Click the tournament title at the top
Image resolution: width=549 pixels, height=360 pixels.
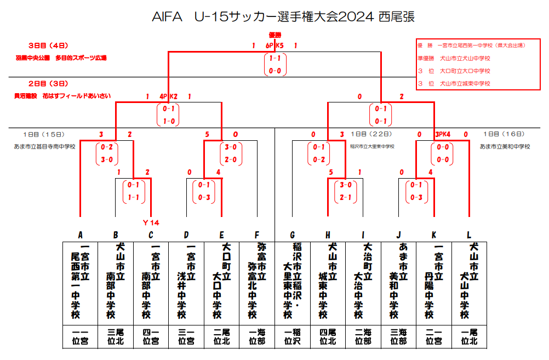(283, 17)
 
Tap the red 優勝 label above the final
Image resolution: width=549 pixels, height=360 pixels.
(275, 35)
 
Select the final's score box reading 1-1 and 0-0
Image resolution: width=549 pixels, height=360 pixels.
(275, 64)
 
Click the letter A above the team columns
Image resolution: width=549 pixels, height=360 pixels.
(80, 235)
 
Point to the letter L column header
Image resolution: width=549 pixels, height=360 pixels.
(469, 235)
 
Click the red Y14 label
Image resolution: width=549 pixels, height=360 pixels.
(151, 222)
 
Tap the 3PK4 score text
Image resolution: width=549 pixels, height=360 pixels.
(442, 134)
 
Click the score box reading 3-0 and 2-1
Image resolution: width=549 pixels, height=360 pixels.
(346, 191)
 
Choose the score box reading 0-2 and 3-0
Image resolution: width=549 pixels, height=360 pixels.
(106, 153)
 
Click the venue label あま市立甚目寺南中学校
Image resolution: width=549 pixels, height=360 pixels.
(45, 147)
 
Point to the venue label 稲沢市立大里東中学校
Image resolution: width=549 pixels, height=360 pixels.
(372, 147)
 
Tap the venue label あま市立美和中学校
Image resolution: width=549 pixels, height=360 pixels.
(505, 147)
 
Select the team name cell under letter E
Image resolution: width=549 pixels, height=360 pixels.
(221, 281)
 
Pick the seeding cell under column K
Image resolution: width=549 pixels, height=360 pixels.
(434, 336)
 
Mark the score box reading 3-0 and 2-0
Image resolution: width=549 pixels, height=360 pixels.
(231, 153)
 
